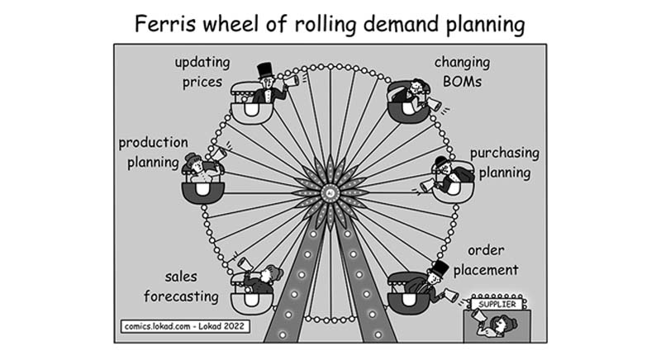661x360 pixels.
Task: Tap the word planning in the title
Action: [x=478, y=26]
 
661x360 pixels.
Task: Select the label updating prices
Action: [x=203, y=71]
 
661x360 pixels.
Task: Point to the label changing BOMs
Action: [x=462, y=71]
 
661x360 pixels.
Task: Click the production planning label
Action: [x=153, y=152]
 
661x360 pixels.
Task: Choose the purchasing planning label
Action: [x=504, y=163]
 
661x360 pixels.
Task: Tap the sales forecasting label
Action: [x=181, y=287]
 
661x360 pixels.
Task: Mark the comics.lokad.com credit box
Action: [x=184, y=325]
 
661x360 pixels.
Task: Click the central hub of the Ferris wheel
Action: [x=330, y=192]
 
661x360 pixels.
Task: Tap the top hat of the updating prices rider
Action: [x=265, y=71]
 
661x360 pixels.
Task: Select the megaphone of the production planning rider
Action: [x=216, y=154]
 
